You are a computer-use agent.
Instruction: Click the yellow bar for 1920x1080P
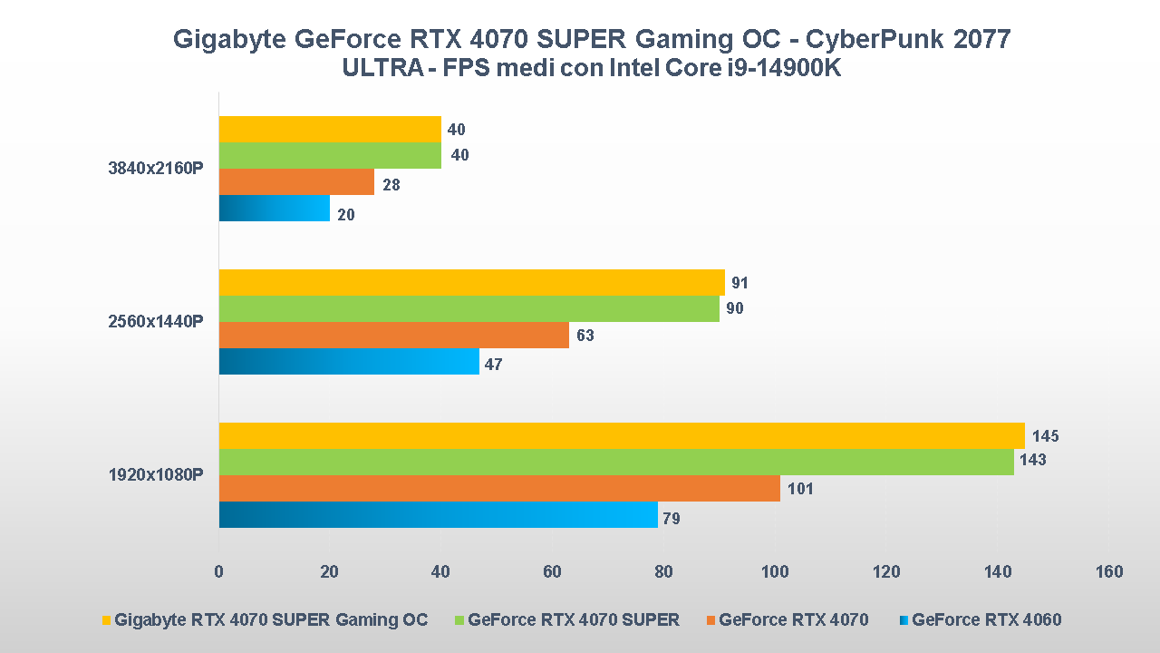tap(622, 435)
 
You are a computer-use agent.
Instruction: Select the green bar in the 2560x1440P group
tap(469, 308)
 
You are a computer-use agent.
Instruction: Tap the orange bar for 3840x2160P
tap(296, 182)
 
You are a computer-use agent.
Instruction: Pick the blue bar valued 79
tap(438, 515)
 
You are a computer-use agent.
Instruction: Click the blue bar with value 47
tap(349, 362)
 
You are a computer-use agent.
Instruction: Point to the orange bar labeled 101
tap(499, 489)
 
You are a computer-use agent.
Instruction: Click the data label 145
tap(1045, 436)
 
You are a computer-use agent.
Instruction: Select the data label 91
tap(740, 283)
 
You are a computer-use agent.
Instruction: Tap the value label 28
tap(391, 185)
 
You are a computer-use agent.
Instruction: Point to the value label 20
tap(346, 215)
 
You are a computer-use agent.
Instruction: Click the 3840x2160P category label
tap(156, 169)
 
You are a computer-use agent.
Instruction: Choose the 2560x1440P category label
tap(156, 321)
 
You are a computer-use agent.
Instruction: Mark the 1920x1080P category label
tap(156, 474)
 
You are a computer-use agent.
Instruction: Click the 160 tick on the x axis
tap(1108, 571)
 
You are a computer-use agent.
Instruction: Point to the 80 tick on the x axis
tap(663, 571)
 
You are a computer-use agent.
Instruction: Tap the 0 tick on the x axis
tap(218, 571)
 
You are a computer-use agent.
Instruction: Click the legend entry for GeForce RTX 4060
tap(986, 620)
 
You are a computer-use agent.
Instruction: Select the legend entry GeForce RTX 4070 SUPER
tap(573, 620)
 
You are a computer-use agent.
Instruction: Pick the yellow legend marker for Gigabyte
tap(106, 620)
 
